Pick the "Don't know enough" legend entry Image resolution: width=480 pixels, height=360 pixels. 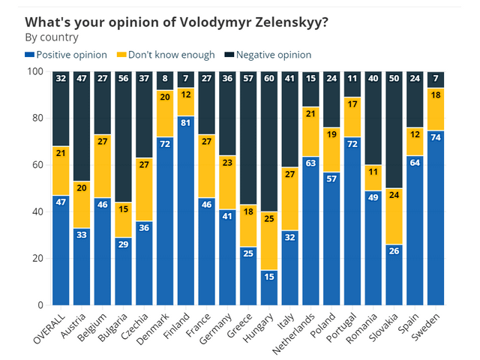tap(166, 55)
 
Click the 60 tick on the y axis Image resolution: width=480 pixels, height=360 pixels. tap(35, 165)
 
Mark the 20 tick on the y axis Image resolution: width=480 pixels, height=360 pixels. tap(35, 259)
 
